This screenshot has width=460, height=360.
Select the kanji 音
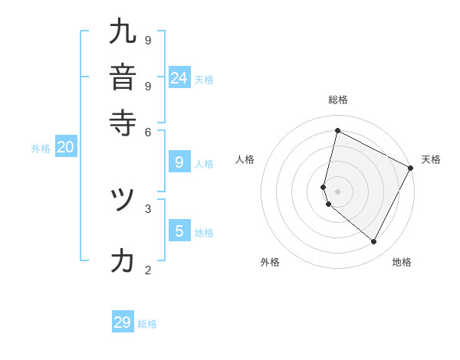point(123,77)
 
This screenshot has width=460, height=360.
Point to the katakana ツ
point(123,199)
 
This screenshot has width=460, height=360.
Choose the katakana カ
point(123,260)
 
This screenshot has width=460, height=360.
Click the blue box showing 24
point(179,77)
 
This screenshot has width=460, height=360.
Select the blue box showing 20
point(65,148)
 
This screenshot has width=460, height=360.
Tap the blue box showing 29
point(123,322)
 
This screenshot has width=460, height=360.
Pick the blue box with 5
point(179,231)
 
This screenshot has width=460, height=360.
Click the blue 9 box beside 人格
point(179,162)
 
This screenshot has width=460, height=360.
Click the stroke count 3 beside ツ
point(148,208)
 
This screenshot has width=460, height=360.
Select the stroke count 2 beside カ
point(148,270)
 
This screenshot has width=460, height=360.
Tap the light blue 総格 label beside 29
point(147,324)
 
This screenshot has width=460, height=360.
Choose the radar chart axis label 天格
point(431,159)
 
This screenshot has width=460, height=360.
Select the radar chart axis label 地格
point(402,262)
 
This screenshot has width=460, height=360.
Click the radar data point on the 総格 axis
point(337,131)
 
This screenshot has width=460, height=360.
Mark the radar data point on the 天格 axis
point(411,169)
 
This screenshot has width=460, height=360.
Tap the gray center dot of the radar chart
point(337,191)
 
